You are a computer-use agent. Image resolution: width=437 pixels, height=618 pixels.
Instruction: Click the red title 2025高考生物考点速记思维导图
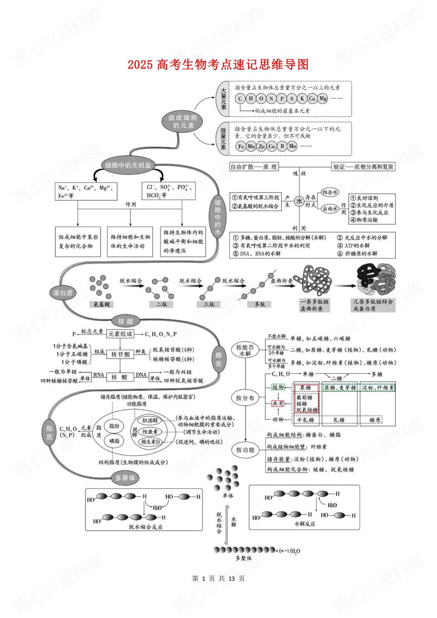coord(218,65)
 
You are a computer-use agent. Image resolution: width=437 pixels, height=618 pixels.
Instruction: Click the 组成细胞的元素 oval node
coord(183,122)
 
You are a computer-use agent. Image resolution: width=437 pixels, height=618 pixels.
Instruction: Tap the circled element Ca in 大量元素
coord(312,99)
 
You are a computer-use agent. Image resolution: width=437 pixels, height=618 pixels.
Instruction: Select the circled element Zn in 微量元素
coord(261,146)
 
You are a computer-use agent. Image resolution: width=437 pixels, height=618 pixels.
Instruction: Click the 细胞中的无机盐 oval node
coord(128,165)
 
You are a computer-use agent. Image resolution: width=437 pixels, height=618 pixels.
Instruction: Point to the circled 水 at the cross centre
coord(299,201)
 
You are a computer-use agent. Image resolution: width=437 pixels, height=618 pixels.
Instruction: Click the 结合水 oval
coord(330,192)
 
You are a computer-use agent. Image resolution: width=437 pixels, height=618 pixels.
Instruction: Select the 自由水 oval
coord(330,208)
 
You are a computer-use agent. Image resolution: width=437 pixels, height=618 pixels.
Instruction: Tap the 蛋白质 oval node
coord(63,293)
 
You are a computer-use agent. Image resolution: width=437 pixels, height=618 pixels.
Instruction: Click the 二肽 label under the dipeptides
coord(162,304)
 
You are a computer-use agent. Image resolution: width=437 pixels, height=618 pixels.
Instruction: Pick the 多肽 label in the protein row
coord(259,304)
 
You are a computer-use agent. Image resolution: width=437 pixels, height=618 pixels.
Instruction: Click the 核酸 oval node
coord(126,321)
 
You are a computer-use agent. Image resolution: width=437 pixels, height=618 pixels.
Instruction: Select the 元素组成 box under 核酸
coord(120,334)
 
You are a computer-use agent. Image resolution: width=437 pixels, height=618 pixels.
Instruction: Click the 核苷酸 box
coord(120,354)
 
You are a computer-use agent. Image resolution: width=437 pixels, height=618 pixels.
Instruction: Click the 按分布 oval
coord(245,398)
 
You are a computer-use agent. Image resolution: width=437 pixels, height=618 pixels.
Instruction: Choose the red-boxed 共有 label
coord(278,403)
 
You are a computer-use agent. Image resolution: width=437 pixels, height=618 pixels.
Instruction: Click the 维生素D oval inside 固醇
coord(151,442)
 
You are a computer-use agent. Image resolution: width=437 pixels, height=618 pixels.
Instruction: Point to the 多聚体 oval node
coord(125,478)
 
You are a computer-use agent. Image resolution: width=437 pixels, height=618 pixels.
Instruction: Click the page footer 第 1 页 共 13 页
coord(218,578)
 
